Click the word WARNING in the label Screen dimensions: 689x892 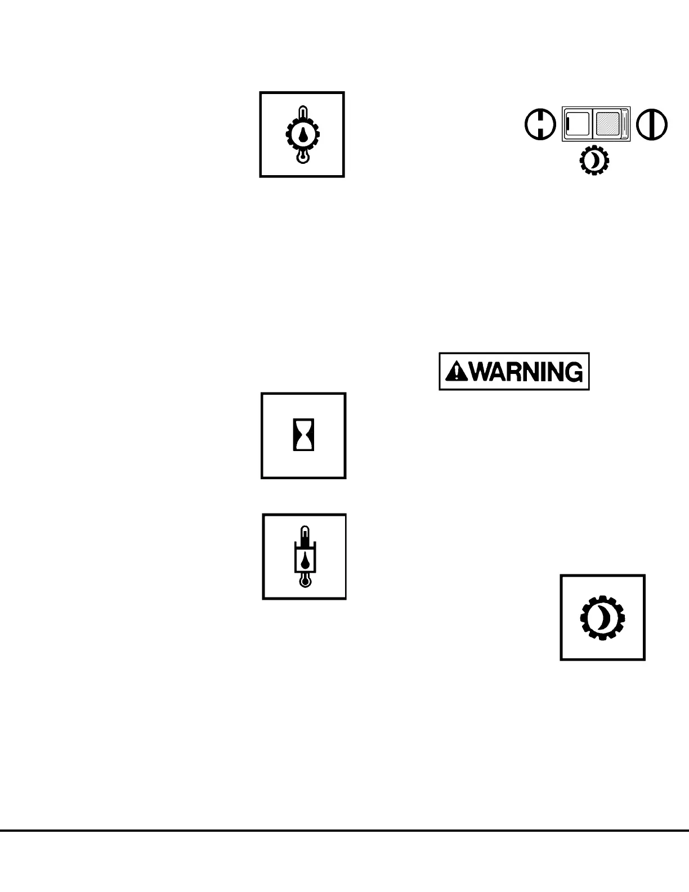coord(526,372)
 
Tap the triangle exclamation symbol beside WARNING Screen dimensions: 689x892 coord(457,372)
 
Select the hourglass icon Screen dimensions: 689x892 coord(303,436)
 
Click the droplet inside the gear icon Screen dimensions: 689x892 coord(303,134)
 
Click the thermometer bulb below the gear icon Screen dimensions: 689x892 coord(303,158)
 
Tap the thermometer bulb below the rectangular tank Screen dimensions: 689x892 coord(305,581)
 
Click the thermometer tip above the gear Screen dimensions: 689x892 coord(303,110)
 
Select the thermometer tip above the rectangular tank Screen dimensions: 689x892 coord(305,532)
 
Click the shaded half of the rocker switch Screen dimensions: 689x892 coord(608,124)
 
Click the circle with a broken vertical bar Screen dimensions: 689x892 coord(540,124)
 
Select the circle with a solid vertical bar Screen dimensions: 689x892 coord(652,124)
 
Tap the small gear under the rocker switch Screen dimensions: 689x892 coord(594,161)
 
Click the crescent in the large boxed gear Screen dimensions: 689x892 coord(605,618)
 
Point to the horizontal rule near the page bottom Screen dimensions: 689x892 coord(344,830)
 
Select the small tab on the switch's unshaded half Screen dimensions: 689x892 coord(569,123)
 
